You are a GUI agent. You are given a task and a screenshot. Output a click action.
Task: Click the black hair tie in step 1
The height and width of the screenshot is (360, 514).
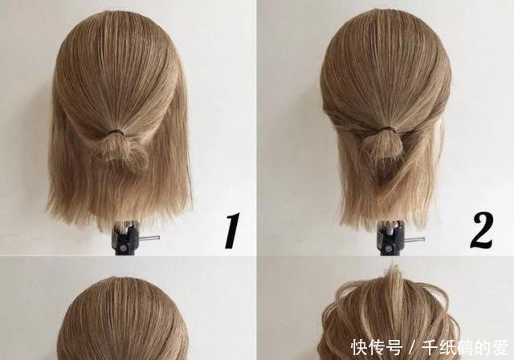pyautogui.click(x=117, y=129)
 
